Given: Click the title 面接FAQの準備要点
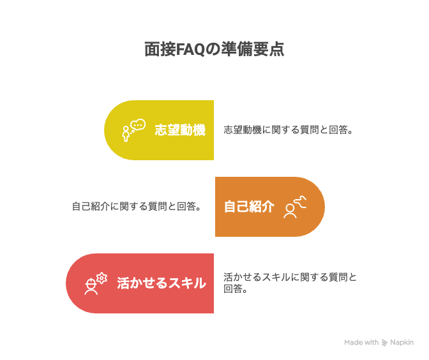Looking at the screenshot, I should [x=214, y=50].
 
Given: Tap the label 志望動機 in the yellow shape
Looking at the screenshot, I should [x=180, y=130].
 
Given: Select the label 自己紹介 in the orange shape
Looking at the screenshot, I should [x=249, y=207].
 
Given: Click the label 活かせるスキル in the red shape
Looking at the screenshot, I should [x=162, y=283].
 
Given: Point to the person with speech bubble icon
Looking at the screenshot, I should [x=133, y=130].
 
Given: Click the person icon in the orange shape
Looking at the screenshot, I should [x=290, y=211].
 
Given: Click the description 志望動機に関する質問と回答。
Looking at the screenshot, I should [x=289, y=130].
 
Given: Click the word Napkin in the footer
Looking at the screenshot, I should [x=402, y=342].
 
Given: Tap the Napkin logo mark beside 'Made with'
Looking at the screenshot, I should [x=384, y=342].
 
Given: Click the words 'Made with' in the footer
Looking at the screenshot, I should [x=361, y=342].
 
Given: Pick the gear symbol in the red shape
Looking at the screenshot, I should [x=102, y=278].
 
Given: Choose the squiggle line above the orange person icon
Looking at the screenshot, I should [x=301, y=202].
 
